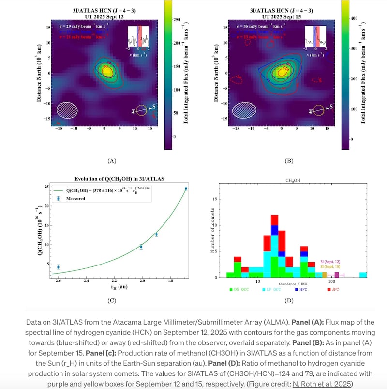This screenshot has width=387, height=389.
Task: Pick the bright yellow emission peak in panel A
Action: click(106, 70)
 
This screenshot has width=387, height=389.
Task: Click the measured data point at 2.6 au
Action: click(58, 267)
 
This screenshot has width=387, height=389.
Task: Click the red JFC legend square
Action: click(329, 289)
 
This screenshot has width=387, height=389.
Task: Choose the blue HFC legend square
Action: click(296, 289)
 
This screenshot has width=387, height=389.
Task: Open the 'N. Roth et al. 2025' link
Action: click(316, 383)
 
